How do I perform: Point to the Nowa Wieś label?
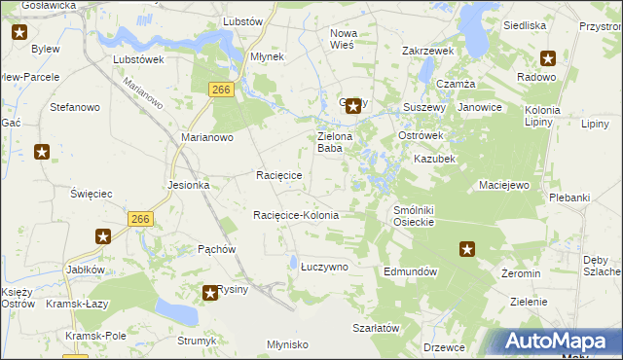pyautogui.click(x=344, y=39)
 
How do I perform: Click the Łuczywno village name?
pyautogui.click(x=324, y=266)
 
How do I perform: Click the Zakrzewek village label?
pyautogui.click(x=428, y=50)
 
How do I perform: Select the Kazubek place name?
pyautogui.click(x=434, y=158)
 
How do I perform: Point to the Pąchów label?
pyautogui.click(x=217, y=249)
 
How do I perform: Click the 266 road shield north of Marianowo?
pyautogui.click(x=221, y=90)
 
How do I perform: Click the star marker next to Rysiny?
pyautogui.click(x=210, y=292)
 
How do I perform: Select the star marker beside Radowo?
pyautogui.click(x=547, y=57)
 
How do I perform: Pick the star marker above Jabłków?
pyautogui.click(x=103, y=236)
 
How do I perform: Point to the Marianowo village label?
pyautogui.click(x=207, y=138)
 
